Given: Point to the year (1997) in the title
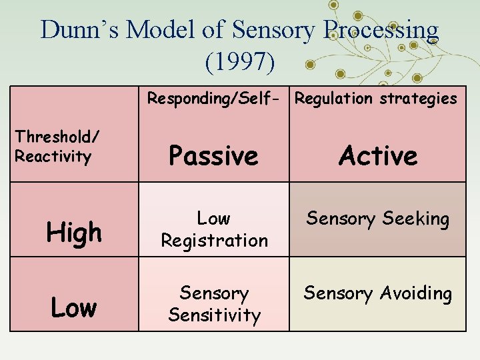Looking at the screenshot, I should tap(240, 62).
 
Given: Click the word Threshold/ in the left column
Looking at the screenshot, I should tap(57, 137).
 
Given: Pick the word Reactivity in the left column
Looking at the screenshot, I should tap(53, 157).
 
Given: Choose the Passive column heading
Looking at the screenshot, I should tap(213, 156).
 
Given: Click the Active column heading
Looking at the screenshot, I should tap(378, 156).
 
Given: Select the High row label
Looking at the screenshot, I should tap(74, 233).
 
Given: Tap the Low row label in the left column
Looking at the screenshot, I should tap(74, 307).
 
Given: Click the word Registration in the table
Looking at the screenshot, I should tap(214, 241).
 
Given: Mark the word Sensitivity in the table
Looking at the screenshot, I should tap(214, 315).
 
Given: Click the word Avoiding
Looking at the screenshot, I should tap(417, 294).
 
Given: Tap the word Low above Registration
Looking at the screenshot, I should tap(214, 219).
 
